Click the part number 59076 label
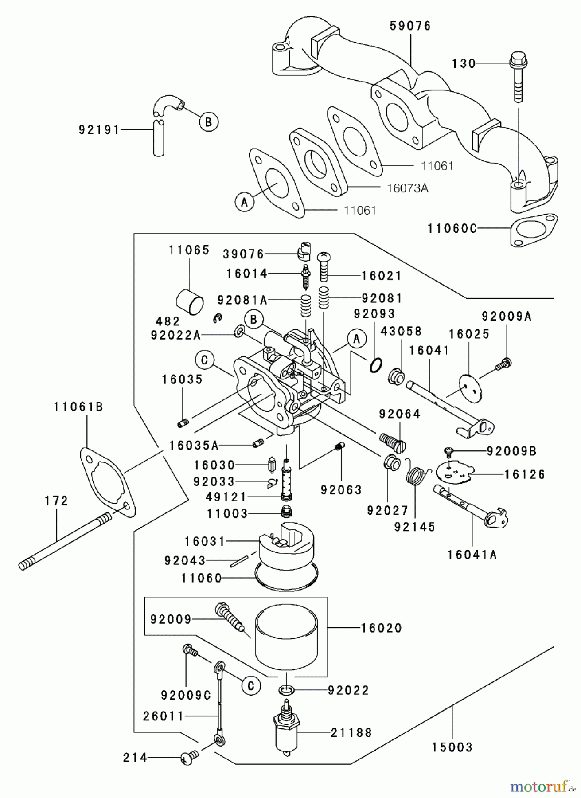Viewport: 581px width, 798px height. coord(410,26)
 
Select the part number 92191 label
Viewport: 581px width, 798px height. coord(99,129)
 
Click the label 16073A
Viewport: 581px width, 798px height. coord(407,188)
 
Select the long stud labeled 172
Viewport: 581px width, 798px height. coord(66,540)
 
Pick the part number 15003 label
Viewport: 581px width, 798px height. coord(452,747)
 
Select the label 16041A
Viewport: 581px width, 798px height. coord(472,555)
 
